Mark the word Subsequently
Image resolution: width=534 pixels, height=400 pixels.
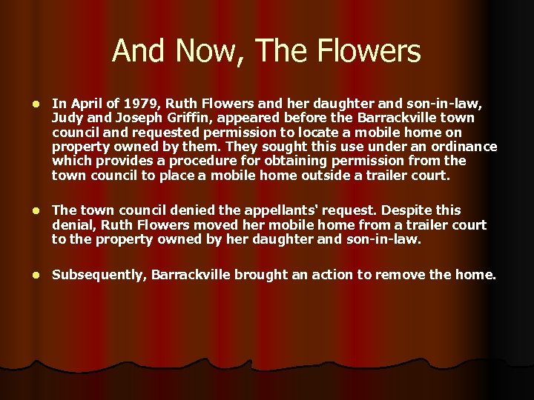point(99,275)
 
